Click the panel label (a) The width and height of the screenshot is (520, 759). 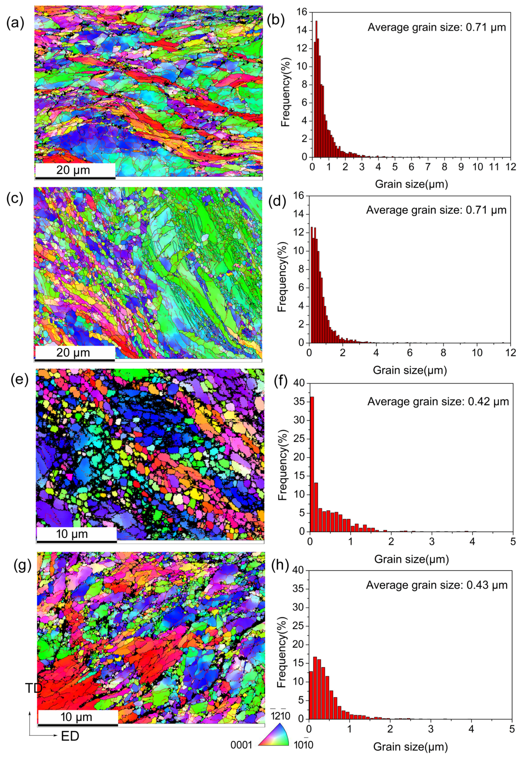pyautogui.click(x=15, y=23)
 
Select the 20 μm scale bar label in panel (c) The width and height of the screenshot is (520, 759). pyautogui.click(x=73, y=353)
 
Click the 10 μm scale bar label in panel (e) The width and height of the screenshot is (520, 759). pyautogui.click(x=72, y=534)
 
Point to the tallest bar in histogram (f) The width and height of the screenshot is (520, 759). pyautogui.click(x=312, y=464)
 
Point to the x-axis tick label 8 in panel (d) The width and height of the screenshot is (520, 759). pyautogui.click(x=443, y=353)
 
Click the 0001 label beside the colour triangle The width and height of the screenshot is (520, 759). pyautogui.click(x=241, y=736)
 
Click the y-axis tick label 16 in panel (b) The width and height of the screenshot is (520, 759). pyautogui.click(x=302, y=12)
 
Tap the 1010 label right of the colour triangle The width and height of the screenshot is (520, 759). pyautogui.click(x=304, y=736)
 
